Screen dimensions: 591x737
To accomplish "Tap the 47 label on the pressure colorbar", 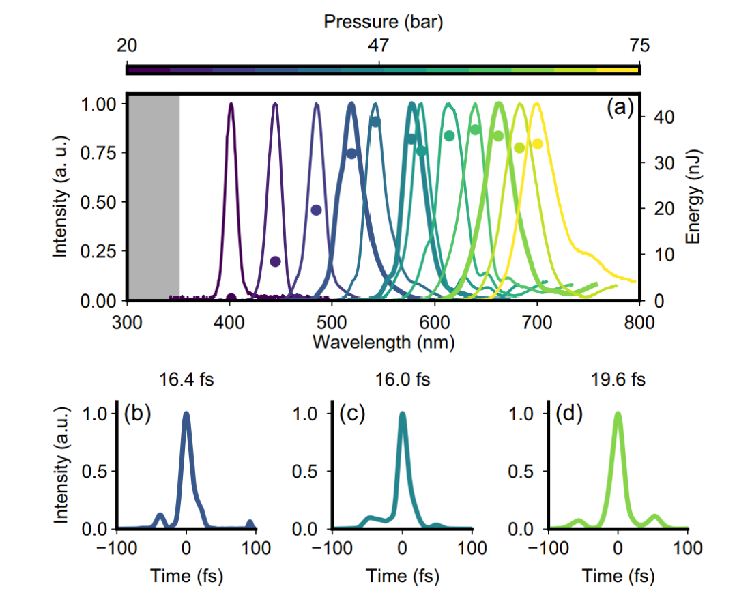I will pos(379,46).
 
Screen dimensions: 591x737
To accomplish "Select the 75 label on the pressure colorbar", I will pos(639,46).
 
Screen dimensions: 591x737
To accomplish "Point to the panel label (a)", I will pos(620,108).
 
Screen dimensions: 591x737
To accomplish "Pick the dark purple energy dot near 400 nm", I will pos(231,298).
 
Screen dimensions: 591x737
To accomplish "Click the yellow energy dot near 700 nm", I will pos(538,143).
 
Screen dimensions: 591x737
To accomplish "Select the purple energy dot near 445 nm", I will pos(275,261).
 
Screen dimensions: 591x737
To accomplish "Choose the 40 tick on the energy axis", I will pos(656,117).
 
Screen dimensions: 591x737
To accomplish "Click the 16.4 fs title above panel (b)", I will pos(186,379).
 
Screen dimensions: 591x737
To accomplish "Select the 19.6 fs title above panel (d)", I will pos(618,379).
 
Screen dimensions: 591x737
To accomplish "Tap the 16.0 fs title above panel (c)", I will pos(403,379).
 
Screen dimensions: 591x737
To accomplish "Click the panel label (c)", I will pos(352,415).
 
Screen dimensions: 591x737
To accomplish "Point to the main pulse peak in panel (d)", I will pos(618,414).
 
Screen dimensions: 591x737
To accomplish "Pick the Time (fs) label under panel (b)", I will pos(186,575).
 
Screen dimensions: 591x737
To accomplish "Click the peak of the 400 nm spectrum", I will pos(231,104).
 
